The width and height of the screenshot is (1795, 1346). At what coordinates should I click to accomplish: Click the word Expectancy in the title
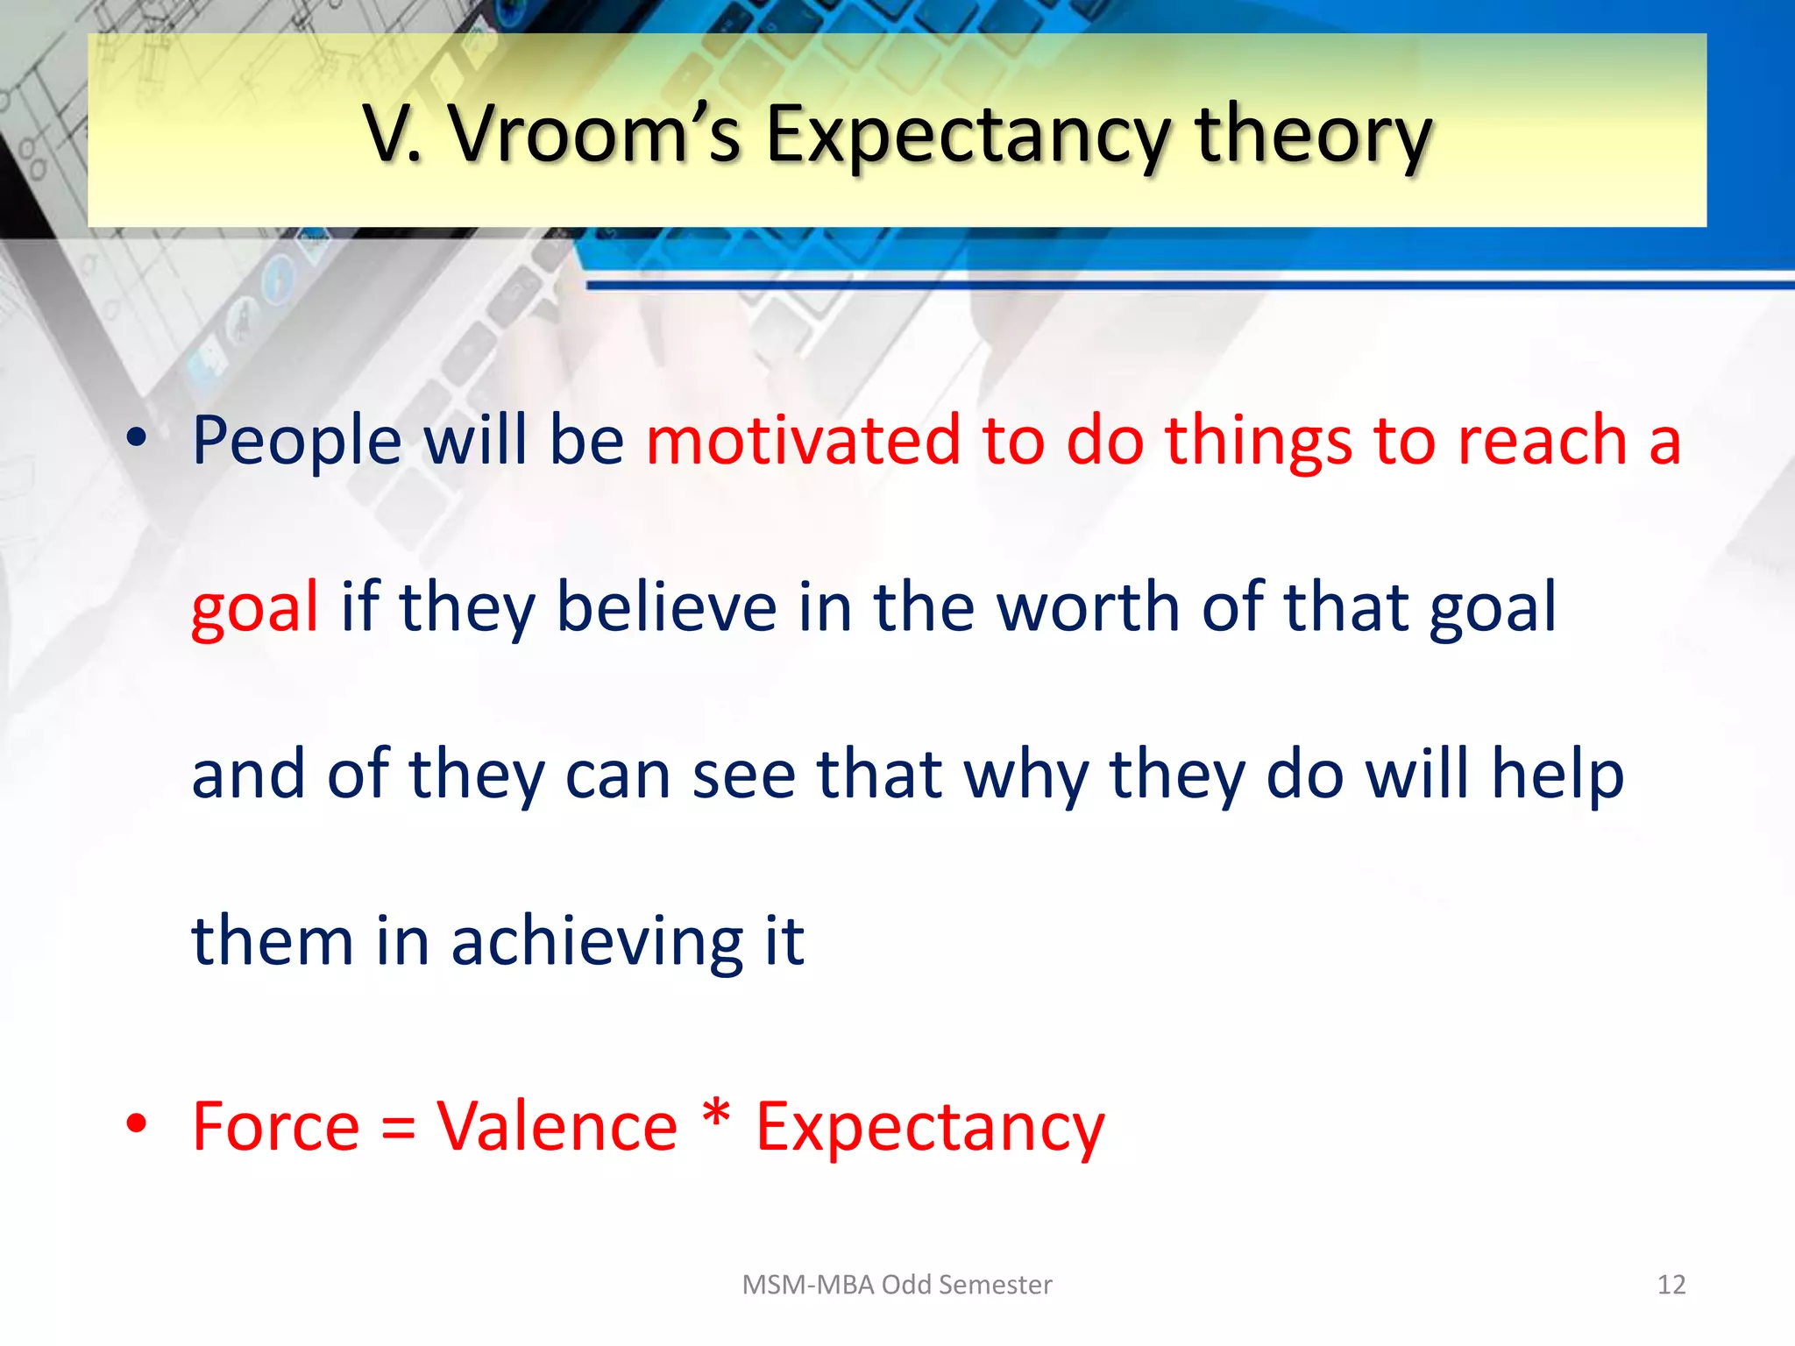(x=968, y=136)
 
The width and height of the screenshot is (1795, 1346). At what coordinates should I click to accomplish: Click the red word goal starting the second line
(x=254, y=608)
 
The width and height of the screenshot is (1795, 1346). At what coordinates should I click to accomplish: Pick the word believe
(x=666, y=606)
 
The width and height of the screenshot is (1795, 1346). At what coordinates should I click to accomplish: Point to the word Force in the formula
(x=275, y=1126)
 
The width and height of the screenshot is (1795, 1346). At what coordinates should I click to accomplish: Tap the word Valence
(x=557, y=1126)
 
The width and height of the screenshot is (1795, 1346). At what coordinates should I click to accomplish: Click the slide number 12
(x=1671, y=1285)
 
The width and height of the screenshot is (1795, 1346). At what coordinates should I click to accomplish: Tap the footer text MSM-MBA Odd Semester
(x=897, y=1285)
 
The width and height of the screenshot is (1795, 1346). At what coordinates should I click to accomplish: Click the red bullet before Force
(x=136, y=1123)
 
